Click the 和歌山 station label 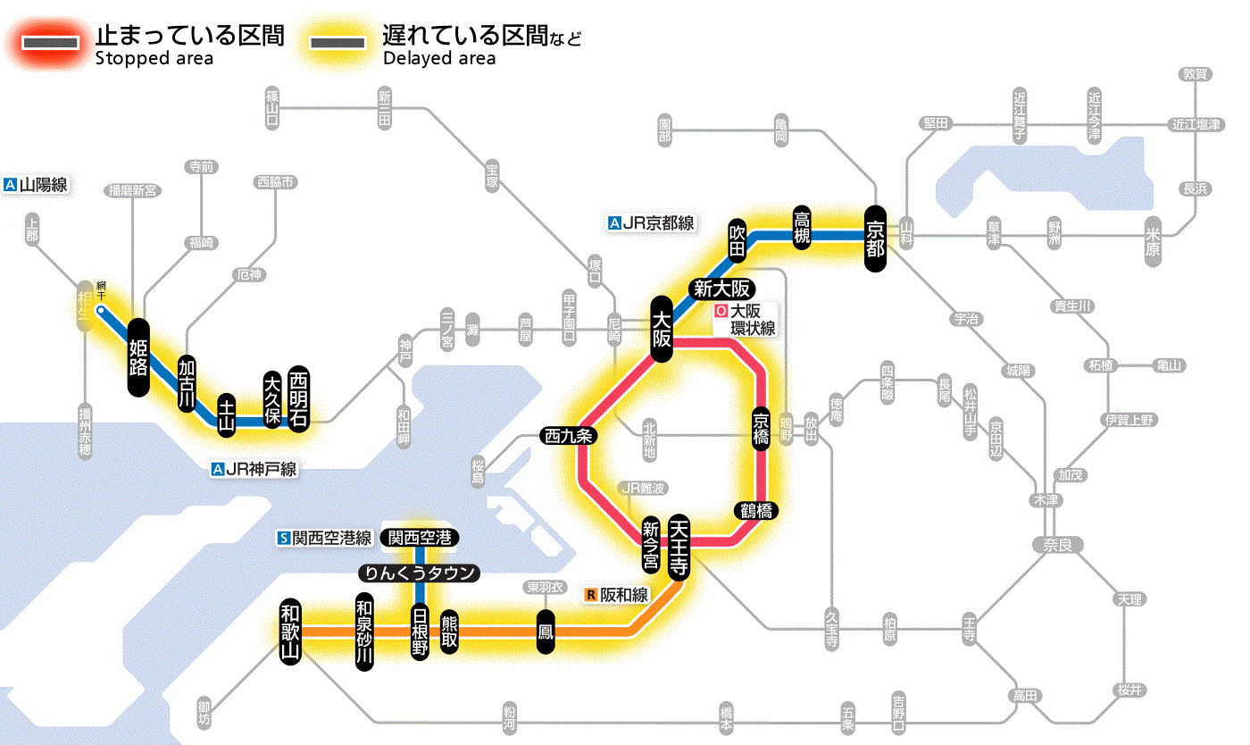[x=290, y=631]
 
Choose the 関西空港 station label [x=420, y=538]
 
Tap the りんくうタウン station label [x=419, y=573]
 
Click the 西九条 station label [x=568, y=437]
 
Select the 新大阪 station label [x=721, y=289]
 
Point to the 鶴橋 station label [x=756, y=511]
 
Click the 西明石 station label [x=298, y=399]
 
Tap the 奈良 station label [x=1057, y=544]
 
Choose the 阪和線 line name [x=617, y=595]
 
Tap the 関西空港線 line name [x=324, y=538]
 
